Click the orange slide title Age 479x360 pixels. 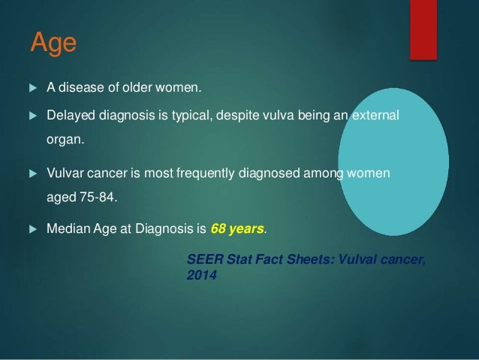(x=53, y=43)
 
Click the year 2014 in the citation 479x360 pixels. (x=200, y=276)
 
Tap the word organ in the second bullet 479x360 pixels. (x=62, y=140)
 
